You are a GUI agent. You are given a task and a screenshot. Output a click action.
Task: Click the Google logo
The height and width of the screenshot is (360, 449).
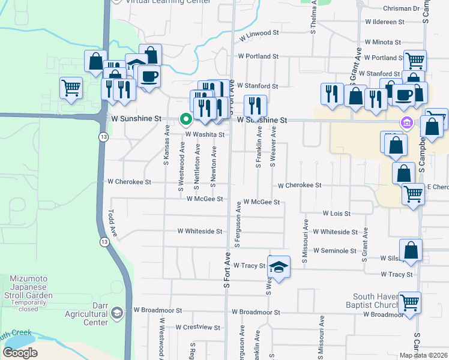point(20,353)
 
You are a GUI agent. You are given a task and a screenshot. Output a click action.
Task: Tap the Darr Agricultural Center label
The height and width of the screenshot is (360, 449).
point(87,313)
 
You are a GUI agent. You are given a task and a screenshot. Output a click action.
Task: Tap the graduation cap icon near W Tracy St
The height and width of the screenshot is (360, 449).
point(279,267)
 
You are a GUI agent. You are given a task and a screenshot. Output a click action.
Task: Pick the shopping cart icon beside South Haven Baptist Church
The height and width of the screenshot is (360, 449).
point(409,302)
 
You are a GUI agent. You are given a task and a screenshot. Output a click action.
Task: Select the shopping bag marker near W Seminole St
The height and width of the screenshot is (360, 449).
point(411,251)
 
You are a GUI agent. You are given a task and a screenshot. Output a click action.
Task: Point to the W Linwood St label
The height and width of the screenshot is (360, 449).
point(259,35)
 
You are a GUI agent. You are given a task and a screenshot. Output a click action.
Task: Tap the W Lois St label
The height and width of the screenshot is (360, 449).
point(336,213)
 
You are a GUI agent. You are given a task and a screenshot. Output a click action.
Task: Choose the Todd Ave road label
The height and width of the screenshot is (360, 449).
point(110,221)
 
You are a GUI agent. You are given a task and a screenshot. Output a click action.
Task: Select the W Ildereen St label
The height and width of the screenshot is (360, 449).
point(384,22)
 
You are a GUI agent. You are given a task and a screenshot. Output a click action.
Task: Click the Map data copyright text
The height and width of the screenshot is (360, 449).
point(423,355)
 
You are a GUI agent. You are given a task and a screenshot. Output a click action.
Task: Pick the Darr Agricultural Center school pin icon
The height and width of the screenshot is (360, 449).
point(117,312)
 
